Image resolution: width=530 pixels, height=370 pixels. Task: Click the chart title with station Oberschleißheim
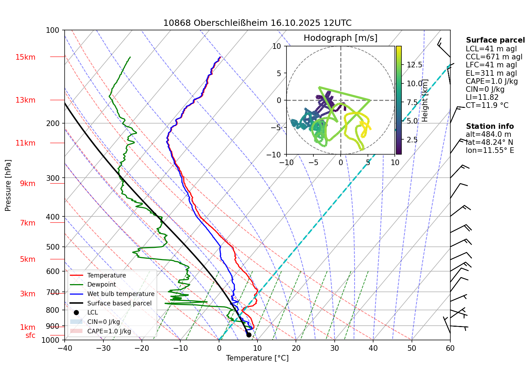pos(257,23)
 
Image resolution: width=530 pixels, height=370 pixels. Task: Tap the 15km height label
pos(25,57)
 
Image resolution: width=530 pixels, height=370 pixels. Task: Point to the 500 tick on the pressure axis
pos(53,247)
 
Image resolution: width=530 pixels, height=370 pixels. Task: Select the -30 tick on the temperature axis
pos(103,348)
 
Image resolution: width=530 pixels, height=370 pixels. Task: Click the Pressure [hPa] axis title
pos(8,185)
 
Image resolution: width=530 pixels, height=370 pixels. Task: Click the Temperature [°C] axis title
pos(257,358)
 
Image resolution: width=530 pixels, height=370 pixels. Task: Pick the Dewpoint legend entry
pos(101,284)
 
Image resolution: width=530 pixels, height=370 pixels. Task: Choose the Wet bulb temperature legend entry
pos(121,294)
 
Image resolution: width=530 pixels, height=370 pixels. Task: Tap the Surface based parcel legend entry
pos(119,303)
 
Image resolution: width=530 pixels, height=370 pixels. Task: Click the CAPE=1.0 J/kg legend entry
pos(109,331)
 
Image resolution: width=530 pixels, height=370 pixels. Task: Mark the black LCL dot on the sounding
pos(249,335)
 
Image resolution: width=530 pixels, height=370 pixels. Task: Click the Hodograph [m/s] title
pos(340,38)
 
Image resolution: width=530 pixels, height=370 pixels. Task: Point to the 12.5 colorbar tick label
pos(414,65)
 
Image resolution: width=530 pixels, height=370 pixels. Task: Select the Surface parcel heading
pos(495,40)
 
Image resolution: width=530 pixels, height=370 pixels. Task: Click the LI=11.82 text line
pos(482,97)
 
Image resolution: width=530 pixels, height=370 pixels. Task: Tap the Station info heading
pos(489,126)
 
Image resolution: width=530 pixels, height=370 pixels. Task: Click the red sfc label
pos(30,335)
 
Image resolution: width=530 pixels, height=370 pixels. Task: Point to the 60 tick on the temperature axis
pos(450,348)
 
